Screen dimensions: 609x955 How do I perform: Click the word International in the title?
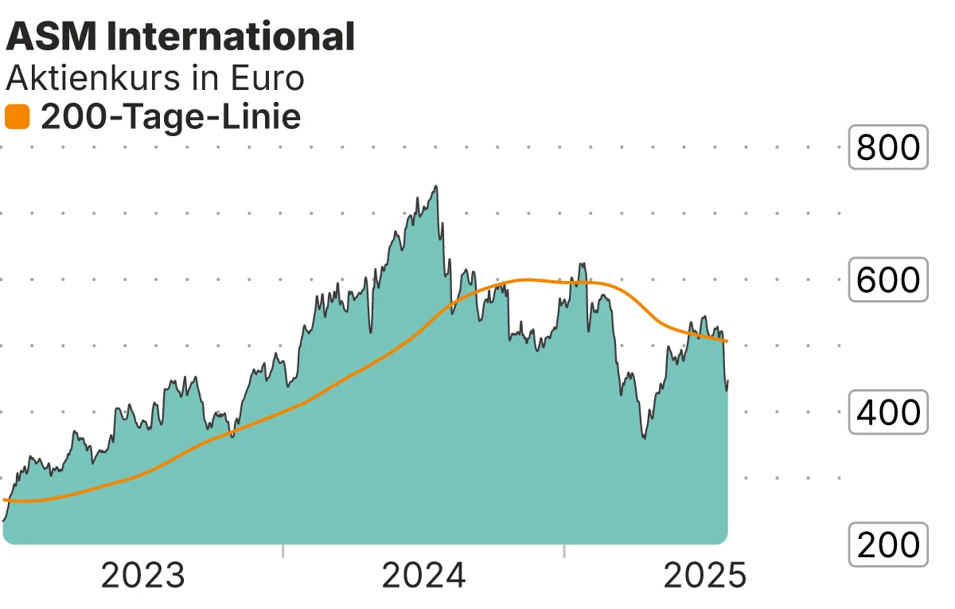pyautogui.click(x=231, y=37)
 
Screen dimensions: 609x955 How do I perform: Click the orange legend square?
pyautogui.click(x=17, y=118)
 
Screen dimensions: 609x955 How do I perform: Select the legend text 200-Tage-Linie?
pyautogui.click(x=170, y=118)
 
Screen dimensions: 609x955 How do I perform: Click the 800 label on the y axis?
pyautogui.click(x=888, y=147)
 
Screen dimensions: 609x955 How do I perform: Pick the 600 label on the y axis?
pyautogui.click(x=888, y=280)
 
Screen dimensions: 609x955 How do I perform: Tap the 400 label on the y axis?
pyautogui.click(x=888, y=412)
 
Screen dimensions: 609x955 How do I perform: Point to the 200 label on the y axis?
pyautogui.click(x=888, y=545)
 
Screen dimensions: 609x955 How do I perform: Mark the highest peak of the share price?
pyautogui.click(x=435, y=186)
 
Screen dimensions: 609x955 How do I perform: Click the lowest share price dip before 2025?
pyautogui.click(x=644, y=438)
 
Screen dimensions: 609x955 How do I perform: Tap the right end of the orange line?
pyautogui.click(x=727, y=342)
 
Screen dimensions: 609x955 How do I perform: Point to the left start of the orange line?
pyautogui.click(x=5, y=500)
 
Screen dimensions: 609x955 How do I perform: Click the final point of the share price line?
pyautogui.click(x=727, y=381)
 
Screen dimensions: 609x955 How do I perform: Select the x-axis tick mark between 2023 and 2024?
pyautogui.click(x=283, y=551)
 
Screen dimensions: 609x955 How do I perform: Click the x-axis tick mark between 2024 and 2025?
pyautogui.click(x=563, y=551)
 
